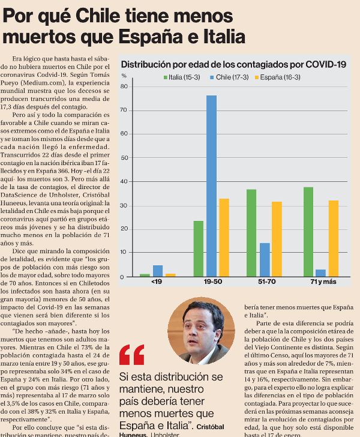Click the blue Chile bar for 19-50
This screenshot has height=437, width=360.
[211, 186]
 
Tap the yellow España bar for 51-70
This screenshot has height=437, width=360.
[277, 239]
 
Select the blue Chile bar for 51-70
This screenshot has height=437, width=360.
[264, 260]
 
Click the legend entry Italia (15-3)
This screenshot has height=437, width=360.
[182, 77]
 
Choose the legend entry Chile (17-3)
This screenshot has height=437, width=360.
[230, 77]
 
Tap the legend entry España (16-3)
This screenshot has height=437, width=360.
[280, 77]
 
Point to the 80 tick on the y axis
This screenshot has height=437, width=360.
[125, 86]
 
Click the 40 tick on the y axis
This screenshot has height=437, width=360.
[125, 182]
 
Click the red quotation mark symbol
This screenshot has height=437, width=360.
[131, 355]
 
